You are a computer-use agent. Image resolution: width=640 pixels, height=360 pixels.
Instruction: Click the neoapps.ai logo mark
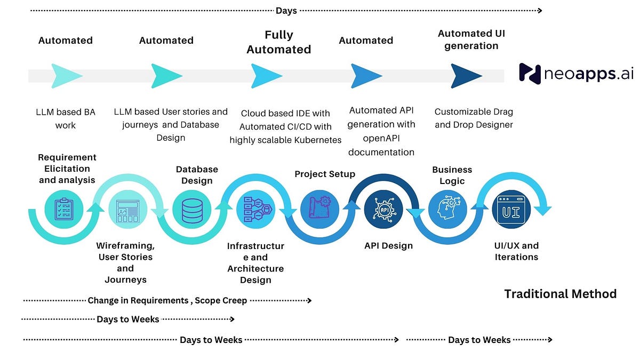tap(530, 74)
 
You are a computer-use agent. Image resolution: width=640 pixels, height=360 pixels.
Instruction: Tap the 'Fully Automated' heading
tap(279, 42)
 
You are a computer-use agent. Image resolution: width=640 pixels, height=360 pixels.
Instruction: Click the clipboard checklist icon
tap(63, 209)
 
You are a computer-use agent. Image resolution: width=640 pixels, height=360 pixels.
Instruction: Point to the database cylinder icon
tap(192, 211)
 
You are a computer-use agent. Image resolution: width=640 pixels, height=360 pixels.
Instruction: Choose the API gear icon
tap(384, 210)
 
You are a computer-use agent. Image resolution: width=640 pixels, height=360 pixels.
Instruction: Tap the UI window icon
tap(511, 210)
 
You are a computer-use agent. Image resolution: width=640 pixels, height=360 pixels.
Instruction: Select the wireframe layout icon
tap(127, 211)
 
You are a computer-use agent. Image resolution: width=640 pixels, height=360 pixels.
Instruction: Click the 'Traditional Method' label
tap(561, 294)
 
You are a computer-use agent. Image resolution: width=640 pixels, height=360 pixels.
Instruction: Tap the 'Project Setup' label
tap(325, 174)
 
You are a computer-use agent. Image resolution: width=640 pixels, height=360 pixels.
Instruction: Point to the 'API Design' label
tap(389, 246)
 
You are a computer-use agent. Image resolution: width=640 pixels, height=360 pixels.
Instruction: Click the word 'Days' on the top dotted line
tap(286, 11)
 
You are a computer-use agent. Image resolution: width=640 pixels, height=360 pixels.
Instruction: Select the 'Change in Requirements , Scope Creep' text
tap(167, 301)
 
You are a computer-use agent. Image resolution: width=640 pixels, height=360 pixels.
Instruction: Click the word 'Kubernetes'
tap(318, 140)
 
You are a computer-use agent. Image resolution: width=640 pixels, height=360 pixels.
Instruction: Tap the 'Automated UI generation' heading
tap(471, 39)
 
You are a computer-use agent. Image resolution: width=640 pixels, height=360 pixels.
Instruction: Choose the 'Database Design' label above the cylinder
tap(197, 175)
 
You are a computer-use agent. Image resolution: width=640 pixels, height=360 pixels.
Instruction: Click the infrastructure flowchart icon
tap(258, 210)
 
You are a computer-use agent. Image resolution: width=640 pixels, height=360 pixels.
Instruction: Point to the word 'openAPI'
tap(381, 139)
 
